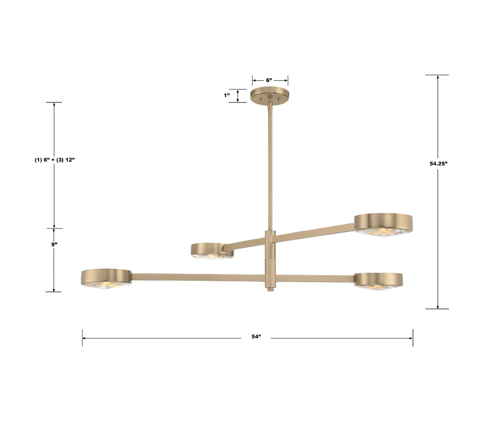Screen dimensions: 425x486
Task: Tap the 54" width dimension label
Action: tap(256, 337)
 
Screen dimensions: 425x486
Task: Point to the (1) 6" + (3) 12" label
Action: tap(55, 160)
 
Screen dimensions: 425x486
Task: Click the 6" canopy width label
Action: tap(269, 80)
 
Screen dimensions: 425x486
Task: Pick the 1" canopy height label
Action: tap(227, 95)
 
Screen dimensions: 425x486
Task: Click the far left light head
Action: tap(106, 277)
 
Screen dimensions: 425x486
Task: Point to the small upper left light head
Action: tap(212, 250)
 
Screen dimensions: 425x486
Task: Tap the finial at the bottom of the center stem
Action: tap(270, 288)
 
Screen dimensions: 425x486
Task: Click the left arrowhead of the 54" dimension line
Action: tap(84, 338)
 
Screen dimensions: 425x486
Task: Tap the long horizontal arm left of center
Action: tap(197, 277)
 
